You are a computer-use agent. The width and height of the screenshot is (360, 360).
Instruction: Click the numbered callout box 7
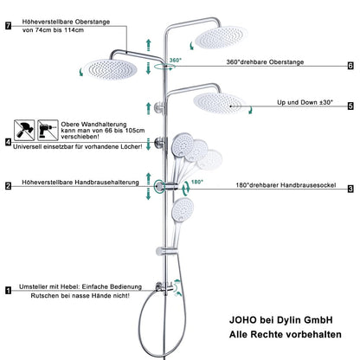pyautogui.click(x=8, y=26)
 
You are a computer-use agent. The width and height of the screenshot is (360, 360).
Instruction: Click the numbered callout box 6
pyautogui.click(x=350, y=65)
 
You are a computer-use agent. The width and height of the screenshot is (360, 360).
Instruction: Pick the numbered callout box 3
pyautogui.click(x=350, y=188)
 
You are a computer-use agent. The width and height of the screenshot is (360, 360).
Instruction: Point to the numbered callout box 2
pyautogui.click(x=8, y=185)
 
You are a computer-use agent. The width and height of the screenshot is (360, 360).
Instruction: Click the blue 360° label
pyautogui.click(x=176, y=61)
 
